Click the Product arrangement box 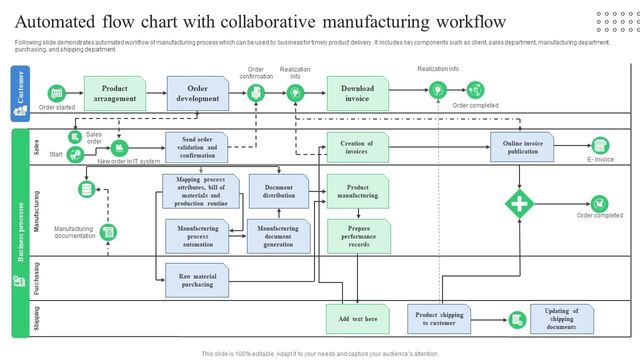[x=115, y=93]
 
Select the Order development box [x=197, y=93]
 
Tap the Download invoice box [x=357, y=93]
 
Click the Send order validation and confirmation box [x=196, y=147]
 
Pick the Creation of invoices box [x=357, y=147]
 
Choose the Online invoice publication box [x=522, y=147]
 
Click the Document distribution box [x=279, y=191]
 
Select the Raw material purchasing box [x=197, y=280]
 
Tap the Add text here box [x=357, y=319]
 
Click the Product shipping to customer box [x=439, y=319]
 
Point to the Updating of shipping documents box [x=562, y=319]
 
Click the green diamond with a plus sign [x=519, y=204]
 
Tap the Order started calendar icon [x=57, y=93]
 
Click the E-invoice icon [x=600, y=145]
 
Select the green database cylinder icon [x=87, y=189]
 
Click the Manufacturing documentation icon [x=108, y=232]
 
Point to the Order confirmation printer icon [x=256, y=93]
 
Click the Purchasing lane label [x=36, y=278]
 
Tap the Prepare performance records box [x=359, y=236]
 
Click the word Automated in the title [x=55, y=22]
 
